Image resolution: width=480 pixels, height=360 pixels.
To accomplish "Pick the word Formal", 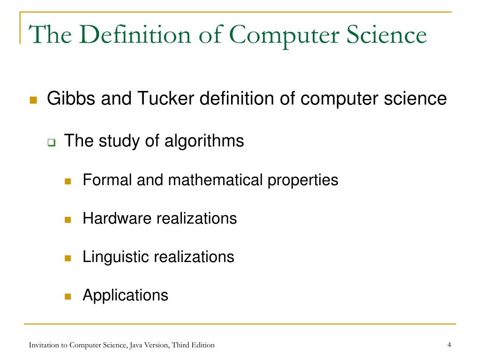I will tap(107, 180).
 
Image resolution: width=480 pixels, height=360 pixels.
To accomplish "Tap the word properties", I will tap(303, 180).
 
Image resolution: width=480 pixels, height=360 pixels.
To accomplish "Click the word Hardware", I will tap(117, 218).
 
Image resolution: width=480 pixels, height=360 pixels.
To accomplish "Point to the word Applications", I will tap(125, 295).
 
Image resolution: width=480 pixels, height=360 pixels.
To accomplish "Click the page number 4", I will tap(449, 345).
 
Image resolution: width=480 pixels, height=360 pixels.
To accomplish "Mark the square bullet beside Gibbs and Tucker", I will tap(33, 100).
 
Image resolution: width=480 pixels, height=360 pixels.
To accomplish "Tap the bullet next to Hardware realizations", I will tap(67, 219).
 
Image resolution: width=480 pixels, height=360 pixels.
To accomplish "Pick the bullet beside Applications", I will tap(67, 296).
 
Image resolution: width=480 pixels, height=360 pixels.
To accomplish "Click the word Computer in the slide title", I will tap(269, 36).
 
